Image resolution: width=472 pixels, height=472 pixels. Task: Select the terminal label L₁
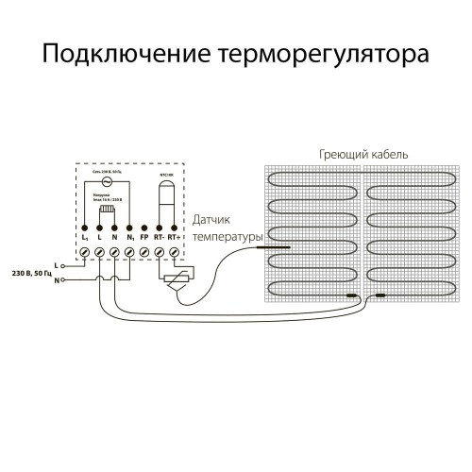pyautogui.click(x=85, y=239)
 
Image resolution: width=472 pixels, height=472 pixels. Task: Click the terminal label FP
pyautogui.click(x=143, y=239)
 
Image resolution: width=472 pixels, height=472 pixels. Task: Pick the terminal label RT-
pyautogui.click(x=159, y=239)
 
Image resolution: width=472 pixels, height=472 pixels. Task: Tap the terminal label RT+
pyautogui.click(x=174, y=239)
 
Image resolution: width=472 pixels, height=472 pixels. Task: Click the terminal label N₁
pyautogui.click(x=129, y=239)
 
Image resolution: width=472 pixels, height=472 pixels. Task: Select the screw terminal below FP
pyautogui.click(x=143, y=252)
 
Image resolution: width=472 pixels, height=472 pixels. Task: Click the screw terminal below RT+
pyautogui.click(x=174, y=252)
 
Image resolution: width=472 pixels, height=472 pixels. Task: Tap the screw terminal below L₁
pyautogui.click(x=85, y=252)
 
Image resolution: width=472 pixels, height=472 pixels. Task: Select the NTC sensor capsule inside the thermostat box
pyautogui.click(x=166, y=195)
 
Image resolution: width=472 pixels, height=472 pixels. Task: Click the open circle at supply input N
pyautogui.click(x=63, y=280)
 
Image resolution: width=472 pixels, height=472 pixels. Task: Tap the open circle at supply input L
pyautogui.click(x=63, y=265)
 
